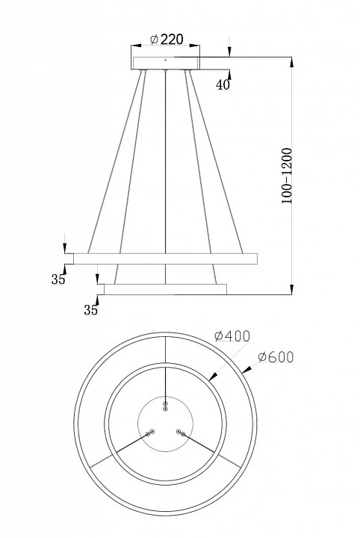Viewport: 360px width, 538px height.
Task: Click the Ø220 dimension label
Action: (167, 40)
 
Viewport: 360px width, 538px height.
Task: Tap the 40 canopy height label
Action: (223, 84)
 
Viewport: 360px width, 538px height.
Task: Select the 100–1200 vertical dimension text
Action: (287, 176)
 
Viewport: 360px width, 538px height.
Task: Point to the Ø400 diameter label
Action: (232, 336)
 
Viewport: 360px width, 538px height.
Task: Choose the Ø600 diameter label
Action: (276, 357)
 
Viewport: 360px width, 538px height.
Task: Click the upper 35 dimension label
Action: (58, 279)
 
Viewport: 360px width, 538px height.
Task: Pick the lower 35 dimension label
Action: (90, 310)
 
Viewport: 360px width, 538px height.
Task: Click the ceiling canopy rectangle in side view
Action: (166, 63)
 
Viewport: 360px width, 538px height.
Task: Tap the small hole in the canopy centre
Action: (165, 60)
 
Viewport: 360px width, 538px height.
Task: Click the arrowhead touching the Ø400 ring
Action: (214, 377)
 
